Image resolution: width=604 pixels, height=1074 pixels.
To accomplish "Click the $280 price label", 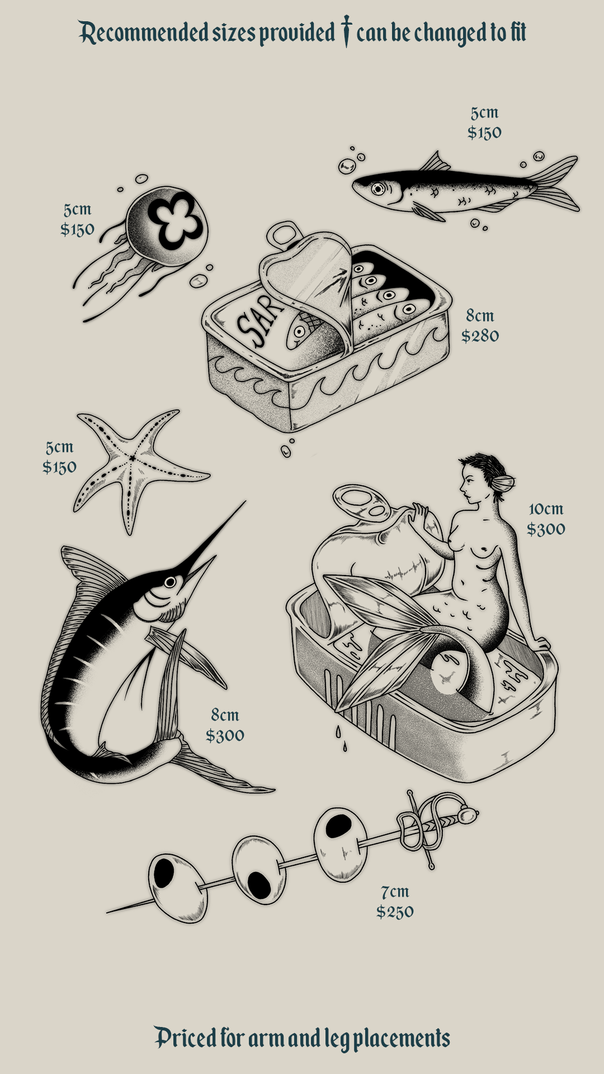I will click(x=480, y=336).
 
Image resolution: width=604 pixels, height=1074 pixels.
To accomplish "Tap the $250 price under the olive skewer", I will click(x=395, y=912).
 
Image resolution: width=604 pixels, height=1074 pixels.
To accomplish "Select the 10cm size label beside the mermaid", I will click(x=546, y=509).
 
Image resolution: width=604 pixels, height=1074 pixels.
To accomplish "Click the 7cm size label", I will click(x=395, y=892).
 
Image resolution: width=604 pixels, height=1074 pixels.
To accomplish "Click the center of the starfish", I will click(x=132, y=458).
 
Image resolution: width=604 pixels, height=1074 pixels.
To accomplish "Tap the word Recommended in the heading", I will click(x=144, y=34).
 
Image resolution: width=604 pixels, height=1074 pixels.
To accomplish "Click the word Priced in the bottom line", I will click(x=186, y=1038).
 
